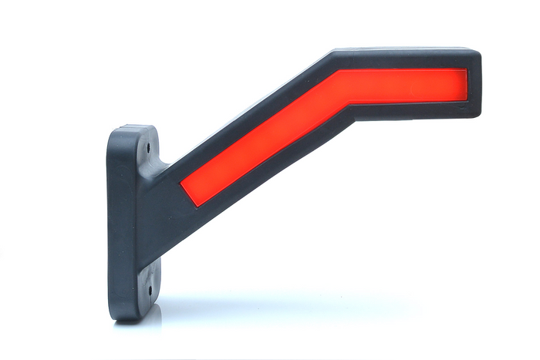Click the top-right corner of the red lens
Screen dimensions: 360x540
(466, 71)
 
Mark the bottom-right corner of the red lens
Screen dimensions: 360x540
(466, 101)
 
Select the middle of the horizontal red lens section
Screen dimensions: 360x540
(405, 86)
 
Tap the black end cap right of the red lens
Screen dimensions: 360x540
(474, 86)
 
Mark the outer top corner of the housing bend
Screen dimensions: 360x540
(332, 54)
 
